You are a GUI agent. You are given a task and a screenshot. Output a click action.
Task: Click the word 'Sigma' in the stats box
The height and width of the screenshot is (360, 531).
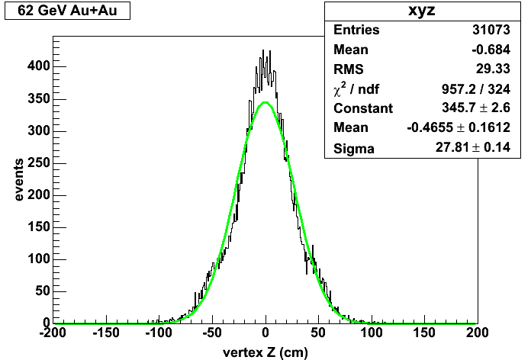point(354,148)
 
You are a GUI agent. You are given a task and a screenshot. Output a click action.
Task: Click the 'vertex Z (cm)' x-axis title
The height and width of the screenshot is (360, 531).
point(265,352)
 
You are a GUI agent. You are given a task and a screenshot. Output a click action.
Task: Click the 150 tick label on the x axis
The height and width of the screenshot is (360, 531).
point(424,333)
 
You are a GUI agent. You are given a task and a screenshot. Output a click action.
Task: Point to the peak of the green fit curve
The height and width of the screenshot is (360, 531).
point(265,102)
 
